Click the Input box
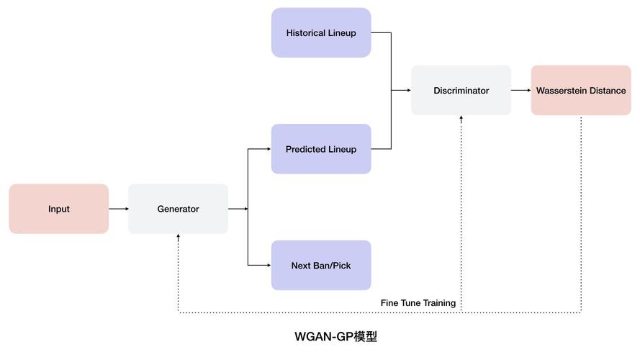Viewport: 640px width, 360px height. pyautogui.click(x=59, y=209)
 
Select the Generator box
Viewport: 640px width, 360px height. pyautogui.click(x=178, y=209)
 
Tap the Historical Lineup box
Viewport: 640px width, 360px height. pyautogui.click(x=321, y=32)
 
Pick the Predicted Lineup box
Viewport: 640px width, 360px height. pyautogui.click(x=321, y=149)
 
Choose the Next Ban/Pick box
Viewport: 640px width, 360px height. pyautogui.click(x=321, y=265)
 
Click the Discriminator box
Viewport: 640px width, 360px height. pyautogui.click(x=461, y=91)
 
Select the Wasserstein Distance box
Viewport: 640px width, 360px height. pyautogui.click(x=581, y=91)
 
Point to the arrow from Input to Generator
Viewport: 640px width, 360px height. pyautogui.click(x=118, y=209)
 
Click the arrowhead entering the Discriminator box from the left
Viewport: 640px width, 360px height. pyautogui.click(x=407, y=91)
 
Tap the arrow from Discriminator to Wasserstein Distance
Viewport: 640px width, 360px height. pyautogui.click(x=520, y=91)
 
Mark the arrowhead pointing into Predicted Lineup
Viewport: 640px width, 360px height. pyautogui.click(x=268, y=149)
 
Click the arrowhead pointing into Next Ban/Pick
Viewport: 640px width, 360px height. pyautogui.click(x=268, y=265)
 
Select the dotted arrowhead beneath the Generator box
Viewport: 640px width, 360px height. pyautogui.click(x=178, y=237)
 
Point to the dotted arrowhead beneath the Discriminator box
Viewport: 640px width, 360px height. pyautogui.click(x=461, y=119)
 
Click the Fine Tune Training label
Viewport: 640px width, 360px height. pyautogui.click(x=418, y=303)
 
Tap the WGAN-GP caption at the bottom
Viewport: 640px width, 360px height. pyautogui.click(x=335, y=336)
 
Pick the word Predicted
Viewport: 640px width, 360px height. pyautogui.click(x=306, y=149)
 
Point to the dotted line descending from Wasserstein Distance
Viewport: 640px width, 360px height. pyautogui.click(x=581, y=216)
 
